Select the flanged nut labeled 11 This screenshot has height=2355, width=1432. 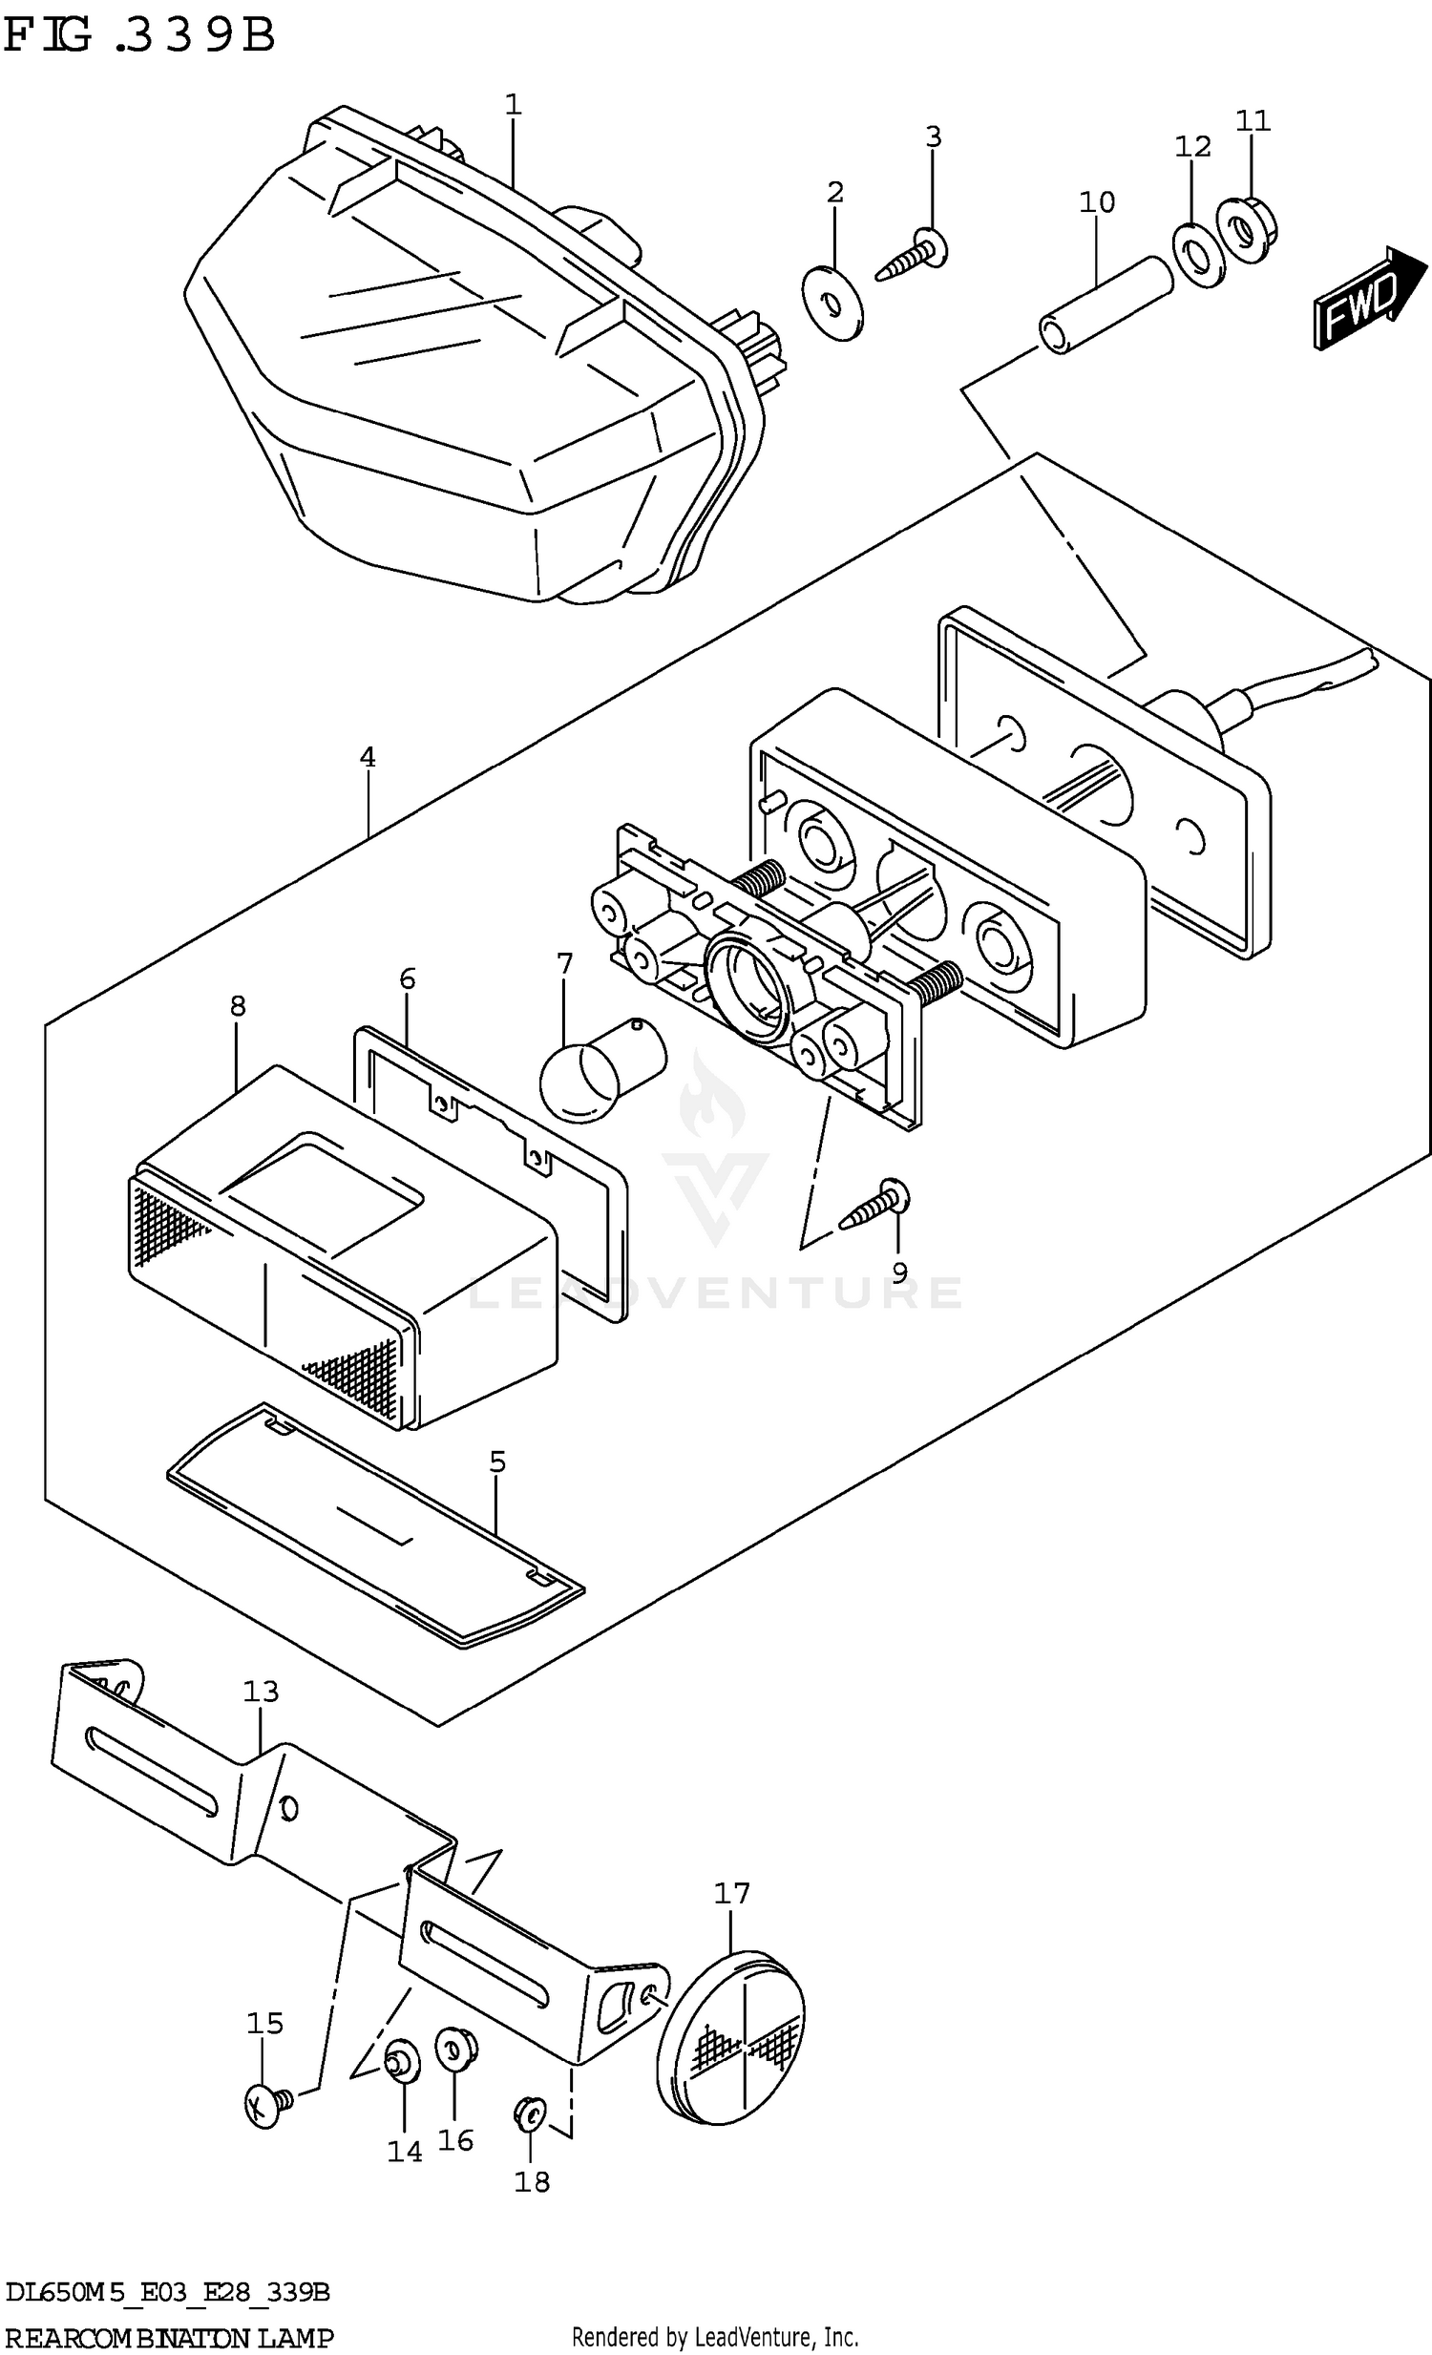(x=1247, y=229)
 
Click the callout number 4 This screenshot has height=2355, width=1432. (x=369, y=758)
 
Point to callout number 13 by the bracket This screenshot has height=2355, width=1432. (x=260, y=1692)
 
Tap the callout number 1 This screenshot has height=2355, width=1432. (x=514, y=104)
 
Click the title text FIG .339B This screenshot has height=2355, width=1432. (x=138, y=36)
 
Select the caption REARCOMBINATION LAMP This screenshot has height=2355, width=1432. (x=169, y=2337)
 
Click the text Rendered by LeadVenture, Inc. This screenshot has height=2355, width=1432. (x=715, y=2337)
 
